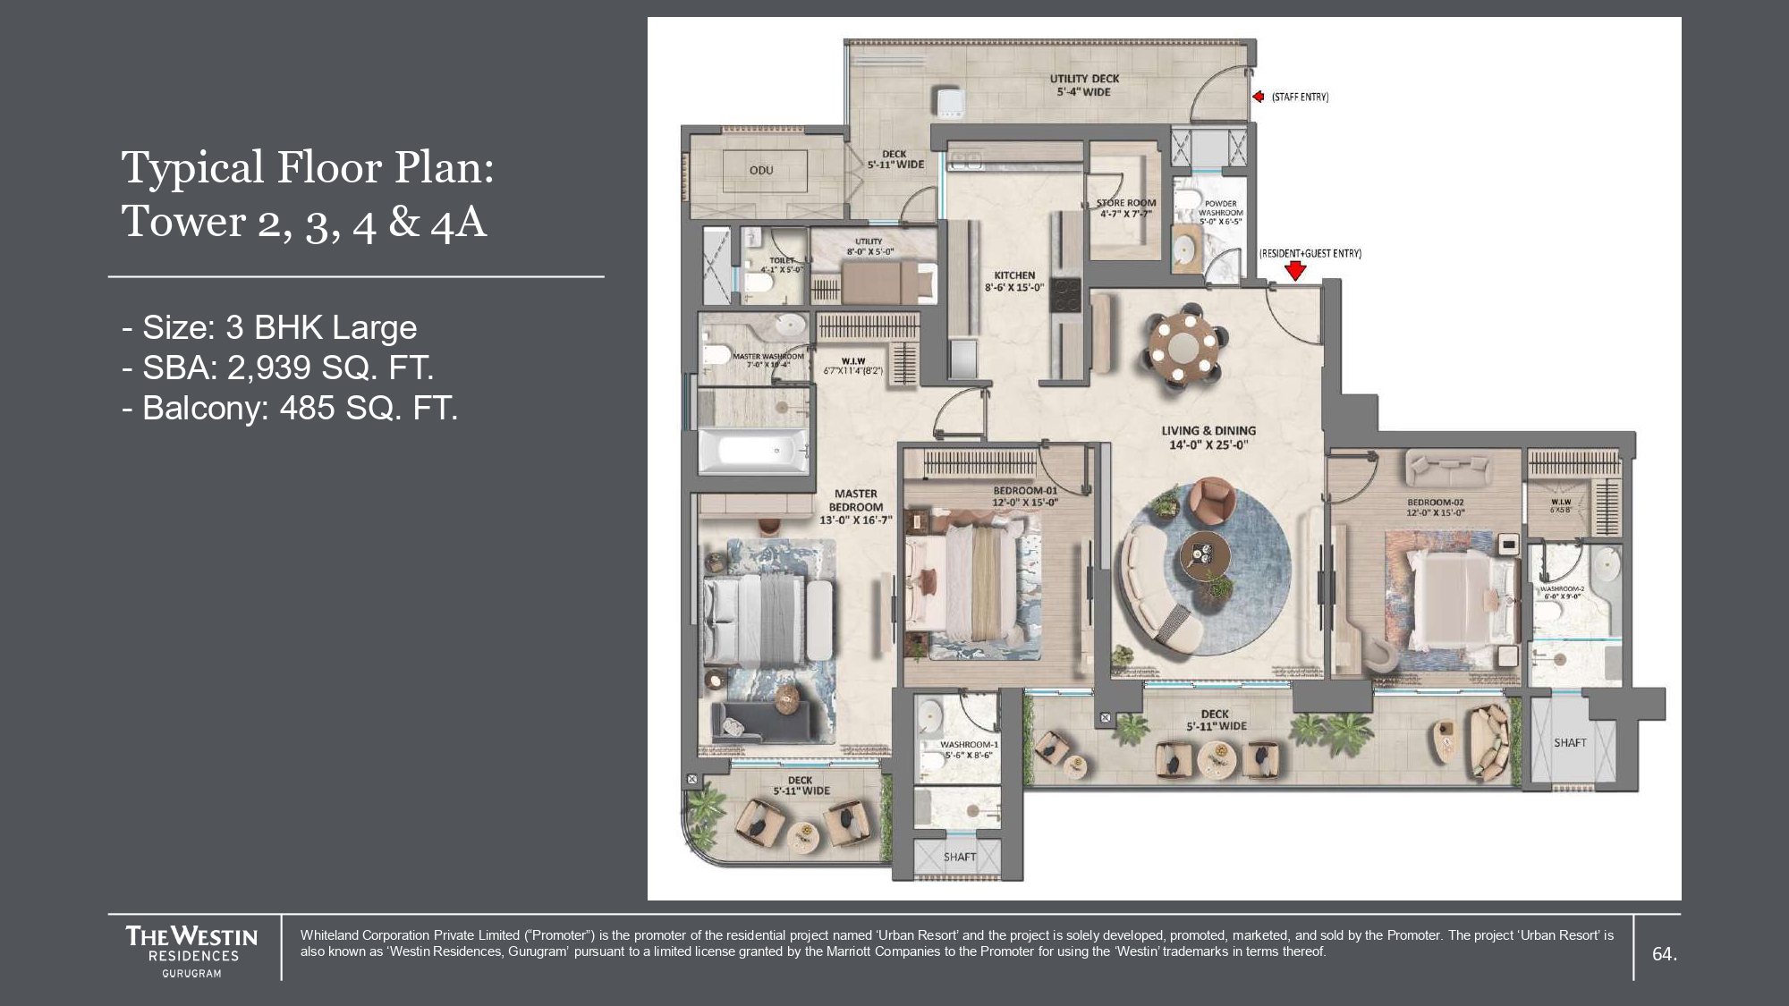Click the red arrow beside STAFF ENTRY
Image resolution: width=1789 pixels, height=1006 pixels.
coord(1258,97)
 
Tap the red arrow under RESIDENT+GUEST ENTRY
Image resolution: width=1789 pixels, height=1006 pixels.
coord(1295,270)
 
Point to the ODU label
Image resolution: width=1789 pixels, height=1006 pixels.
coord(761,170)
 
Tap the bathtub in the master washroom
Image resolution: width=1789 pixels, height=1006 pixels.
coord(753,451)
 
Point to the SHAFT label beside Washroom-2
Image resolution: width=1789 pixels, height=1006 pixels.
coord(1570,743)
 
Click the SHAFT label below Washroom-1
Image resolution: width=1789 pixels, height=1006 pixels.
coord(960,857)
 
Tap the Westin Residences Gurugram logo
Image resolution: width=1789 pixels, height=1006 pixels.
coord(191,951)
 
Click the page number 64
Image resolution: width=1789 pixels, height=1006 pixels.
coord(1664,954)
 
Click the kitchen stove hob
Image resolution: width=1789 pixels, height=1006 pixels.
coord(1064,295)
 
